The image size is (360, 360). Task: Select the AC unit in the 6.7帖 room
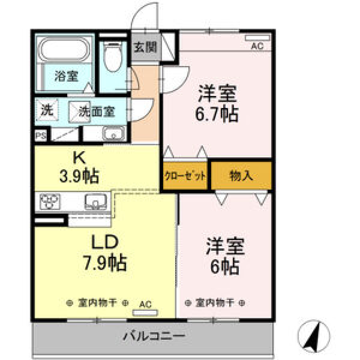click(x=257, y=37)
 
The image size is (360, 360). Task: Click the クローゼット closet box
click(x=185, y=175)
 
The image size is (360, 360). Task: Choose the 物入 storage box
click(x=241, y=175)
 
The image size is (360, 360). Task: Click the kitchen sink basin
click(x=96, y=202)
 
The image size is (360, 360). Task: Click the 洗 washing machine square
click(x=47, y=110)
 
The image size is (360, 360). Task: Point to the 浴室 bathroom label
click(x=66, y=76)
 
